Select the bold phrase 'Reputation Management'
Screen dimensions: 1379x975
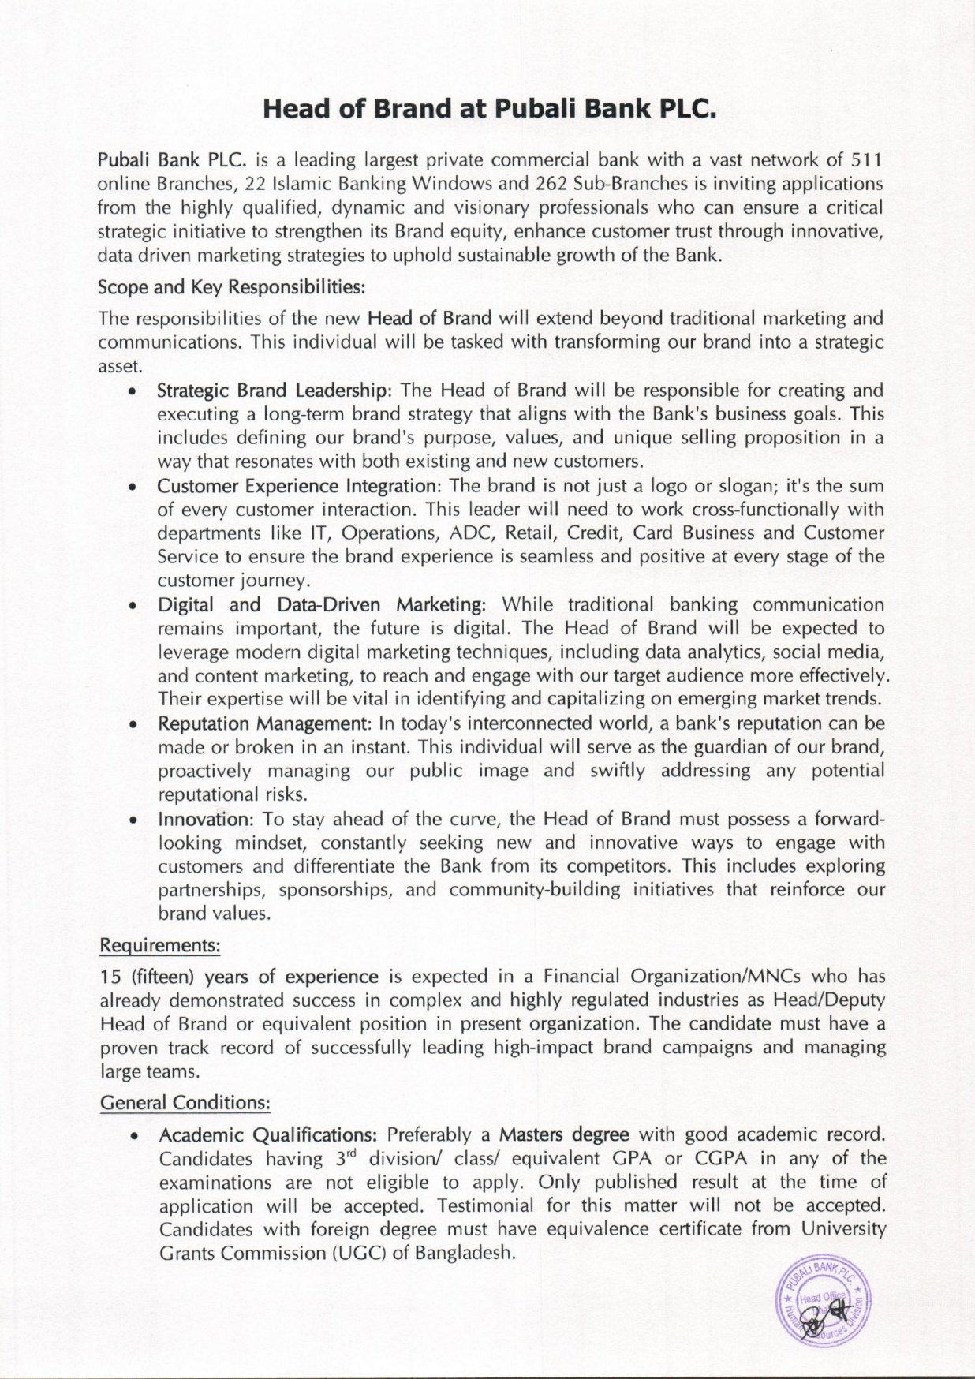click(x=265, y=723)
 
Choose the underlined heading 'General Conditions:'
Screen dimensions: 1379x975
click(x=185, y=1102)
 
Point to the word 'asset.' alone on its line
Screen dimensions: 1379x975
click(x=121, y=366)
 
